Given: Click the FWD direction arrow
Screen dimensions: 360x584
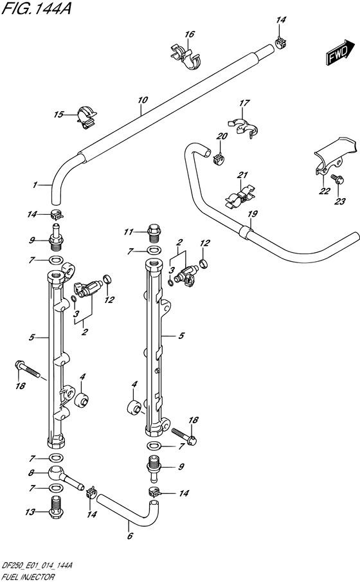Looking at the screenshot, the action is pos(341,53).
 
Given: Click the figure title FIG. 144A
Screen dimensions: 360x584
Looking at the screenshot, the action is pos(36,8).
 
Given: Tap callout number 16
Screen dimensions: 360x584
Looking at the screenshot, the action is pos(190,35).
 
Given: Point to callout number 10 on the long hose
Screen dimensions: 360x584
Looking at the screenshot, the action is pos(143,100).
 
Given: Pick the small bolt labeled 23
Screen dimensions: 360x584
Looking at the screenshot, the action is pos(339,180).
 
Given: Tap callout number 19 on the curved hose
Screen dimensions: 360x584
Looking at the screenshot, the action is pos(253,214).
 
